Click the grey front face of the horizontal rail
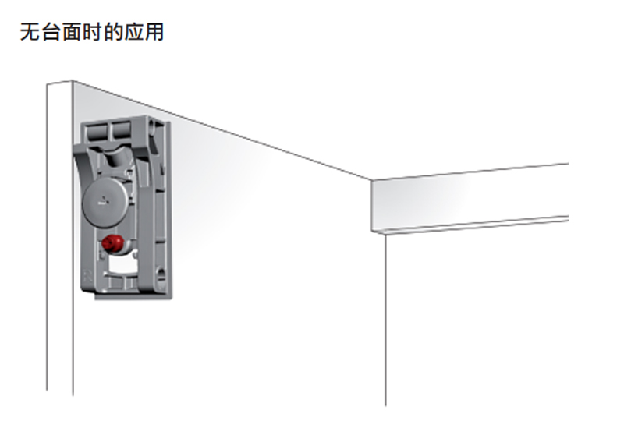click(468, 198)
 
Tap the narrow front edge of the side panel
click(59, 234)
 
